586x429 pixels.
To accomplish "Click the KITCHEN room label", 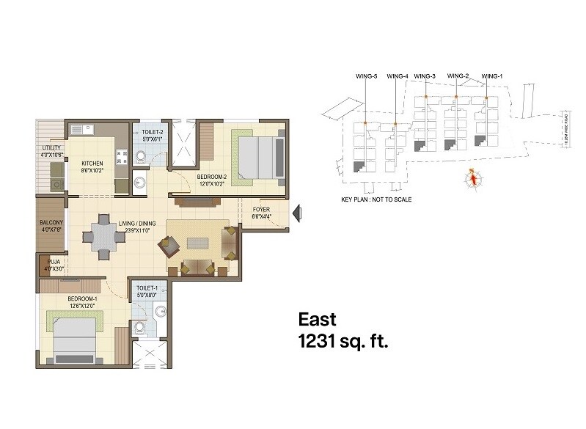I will click(x=92, y=163).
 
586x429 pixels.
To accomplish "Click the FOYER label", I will click(x=262, y=210).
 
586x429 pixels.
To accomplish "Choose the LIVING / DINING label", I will click(x=134, y=223).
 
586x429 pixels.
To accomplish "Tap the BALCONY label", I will click(x=51, y=223).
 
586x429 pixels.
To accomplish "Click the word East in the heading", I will click(x=317, y=320).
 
